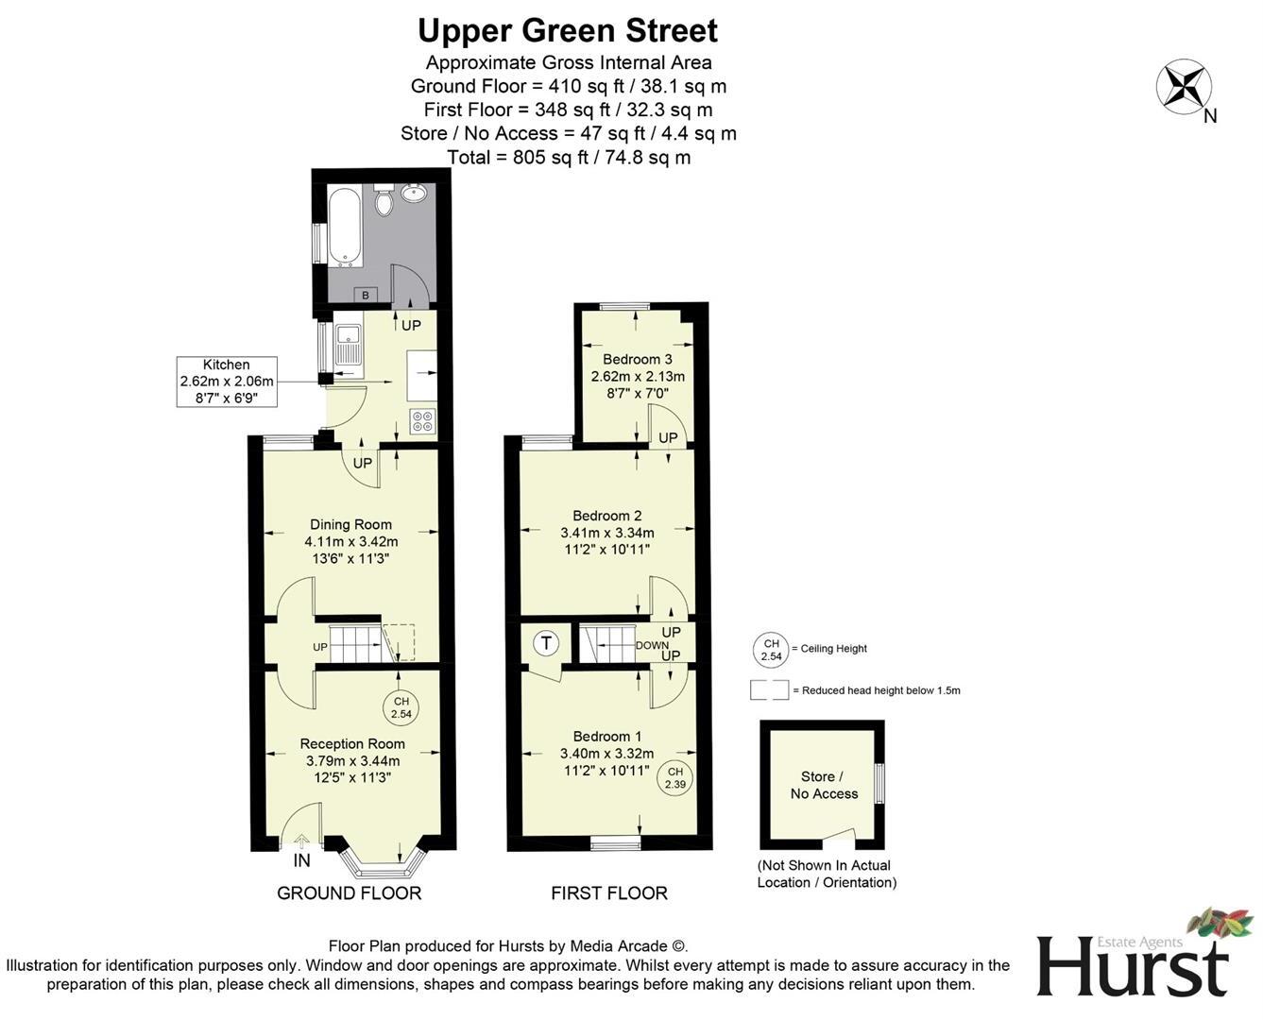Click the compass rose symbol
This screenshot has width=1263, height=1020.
(x=1184, y=86)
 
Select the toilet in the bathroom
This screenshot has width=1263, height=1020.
(x=384, y=201)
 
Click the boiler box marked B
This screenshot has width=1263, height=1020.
(x=366, y=295)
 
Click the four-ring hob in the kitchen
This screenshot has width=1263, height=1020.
(x=422, y=421)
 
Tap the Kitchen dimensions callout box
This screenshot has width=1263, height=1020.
(x=227, y=382)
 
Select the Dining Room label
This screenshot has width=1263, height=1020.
(x=350, y=524)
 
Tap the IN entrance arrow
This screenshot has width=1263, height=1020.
(x=301, y=842)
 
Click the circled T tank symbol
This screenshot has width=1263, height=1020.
(x=546, y=644)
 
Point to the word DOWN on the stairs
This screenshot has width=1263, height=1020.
(x=652, y=646)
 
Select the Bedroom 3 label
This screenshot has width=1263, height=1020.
(x=638, y=359)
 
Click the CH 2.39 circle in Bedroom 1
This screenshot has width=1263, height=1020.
(x=674, y=777)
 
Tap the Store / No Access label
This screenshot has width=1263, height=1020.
(x=824, y=785)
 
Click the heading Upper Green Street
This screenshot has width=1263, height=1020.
(x=568, y=30)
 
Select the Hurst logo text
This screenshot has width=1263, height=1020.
(x=1133, y=966)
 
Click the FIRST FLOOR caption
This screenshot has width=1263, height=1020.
(x=609, y=892)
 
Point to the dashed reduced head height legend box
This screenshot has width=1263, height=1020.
(x=769, y=690)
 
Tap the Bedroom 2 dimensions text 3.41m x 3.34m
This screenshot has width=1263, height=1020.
(x=606, y=533)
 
